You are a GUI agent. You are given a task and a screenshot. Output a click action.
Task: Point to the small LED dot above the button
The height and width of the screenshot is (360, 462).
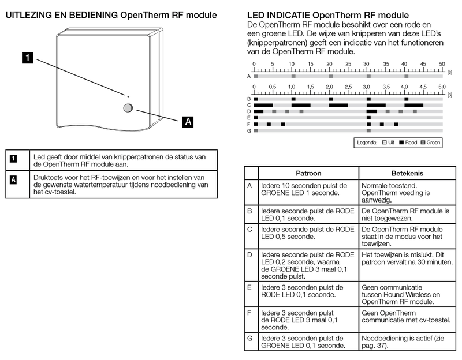click(x=128, y=96)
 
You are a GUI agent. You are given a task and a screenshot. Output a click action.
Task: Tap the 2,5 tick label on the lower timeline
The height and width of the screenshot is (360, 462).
click(x=348, y=87)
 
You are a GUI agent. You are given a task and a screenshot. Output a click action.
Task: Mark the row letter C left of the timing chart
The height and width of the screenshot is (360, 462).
click(x=249, y=105)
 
